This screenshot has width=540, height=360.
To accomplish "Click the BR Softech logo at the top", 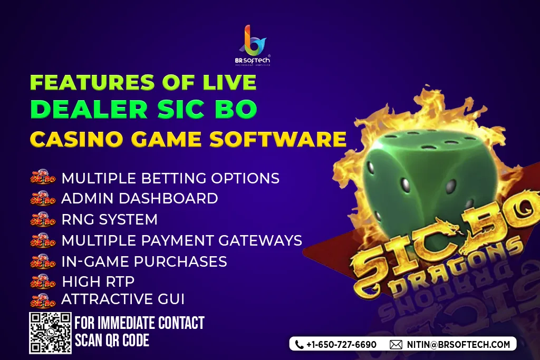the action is (x=253, y=45).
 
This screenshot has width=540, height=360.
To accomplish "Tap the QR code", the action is (x=50, y=333).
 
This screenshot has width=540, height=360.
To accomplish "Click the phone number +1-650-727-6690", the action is (x=341, y=345).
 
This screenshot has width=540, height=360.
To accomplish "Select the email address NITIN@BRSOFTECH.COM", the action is (x=458, y=345).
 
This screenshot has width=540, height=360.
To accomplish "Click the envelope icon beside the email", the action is (x=396, y=345).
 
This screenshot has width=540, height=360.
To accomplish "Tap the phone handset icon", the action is (x=300, y=345).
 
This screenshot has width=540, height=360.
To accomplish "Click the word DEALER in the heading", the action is (x=89, y=109).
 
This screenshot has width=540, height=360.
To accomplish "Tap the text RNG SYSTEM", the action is (x=110, y=219).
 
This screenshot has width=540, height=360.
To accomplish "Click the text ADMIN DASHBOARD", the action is (x=139, y=198).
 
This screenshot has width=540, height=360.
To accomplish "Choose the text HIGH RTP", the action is (x=98, y=281).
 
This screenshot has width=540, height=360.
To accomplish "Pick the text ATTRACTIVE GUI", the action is (x=123, y=299).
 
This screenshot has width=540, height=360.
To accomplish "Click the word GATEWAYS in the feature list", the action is (x=261, y=240).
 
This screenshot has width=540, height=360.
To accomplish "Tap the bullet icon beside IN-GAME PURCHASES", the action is (x=43, y=261).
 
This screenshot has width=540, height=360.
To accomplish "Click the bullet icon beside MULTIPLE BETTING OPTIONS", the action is (x=43, y=177).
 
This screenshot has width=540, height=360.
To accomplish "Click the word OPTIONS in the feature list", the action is (x=245, y=178).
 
